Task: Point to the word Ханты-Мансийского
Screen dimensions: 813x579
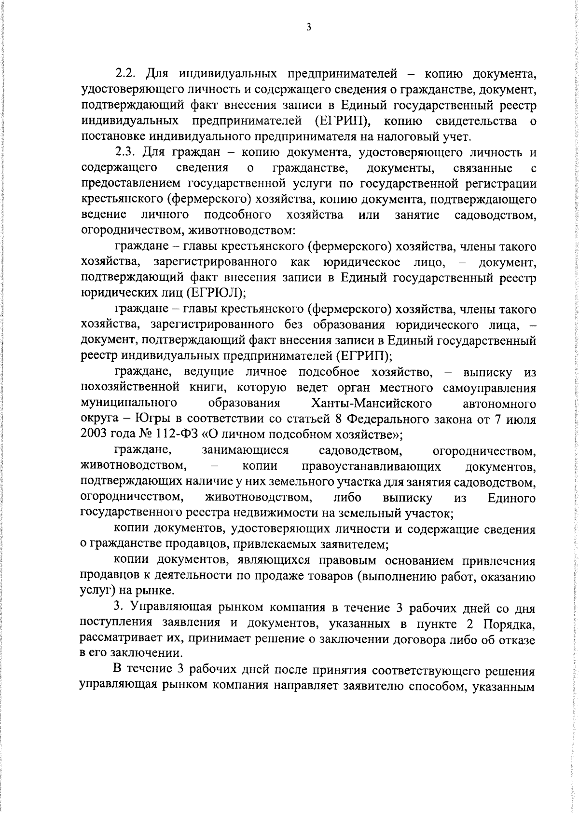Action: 372,403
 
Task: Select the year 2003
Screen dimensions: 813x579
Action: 95,434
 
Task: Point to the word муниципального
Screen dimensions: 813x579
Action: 128,403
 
